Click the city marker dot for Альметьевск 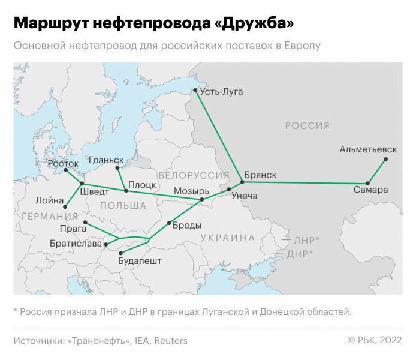386,159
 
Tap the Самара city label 370,190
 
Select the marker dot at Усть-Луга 195,91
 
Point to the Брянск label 261,175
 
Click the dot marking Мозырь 202,199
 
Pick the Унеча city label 244,196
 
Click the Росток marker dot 65,170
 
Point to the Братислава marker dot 106,244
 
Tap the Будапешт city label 140,261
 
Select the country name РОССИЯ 307,126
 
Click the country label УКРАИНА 228,238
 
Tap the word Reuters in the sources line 171,341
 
